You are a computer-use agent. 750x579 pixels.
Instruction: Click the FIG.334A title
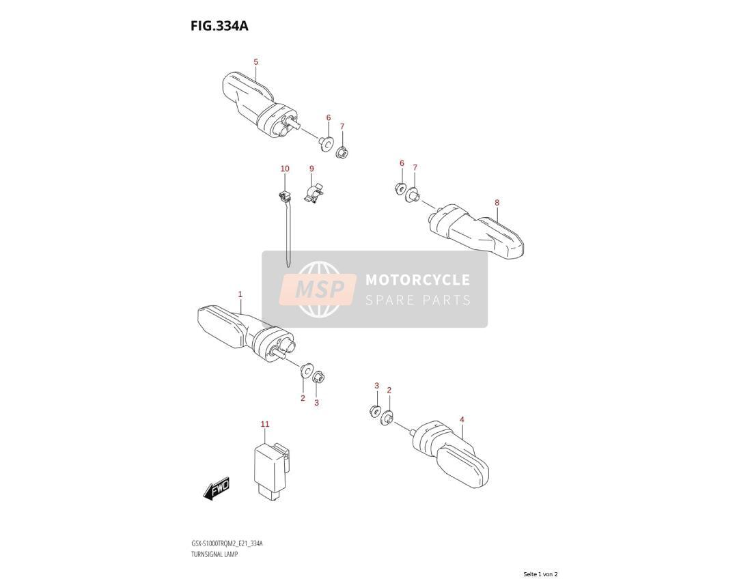coord(219,25)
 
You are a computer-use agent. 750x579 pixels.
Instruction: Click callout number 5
coord(256,61)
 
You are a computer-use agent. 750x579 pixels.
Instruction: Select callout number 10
coord(285,168)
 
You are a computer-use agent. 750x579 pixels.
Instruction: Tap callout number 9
coord(312,168)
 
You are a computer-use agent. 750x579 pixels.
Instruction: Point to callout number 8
coord(497,203)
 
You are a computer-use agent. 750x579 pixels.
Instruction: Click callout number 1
coord(240,294)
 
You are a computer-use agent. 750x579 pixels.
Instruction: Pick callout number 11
coord(265,424)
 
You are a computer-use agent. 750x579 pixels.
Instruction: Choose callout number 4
coord(462,419)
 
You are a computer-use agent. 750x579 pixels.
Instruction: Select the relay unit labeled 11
coord(271,470)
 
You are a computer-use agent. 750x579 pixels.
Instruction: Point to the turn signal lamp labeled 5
coord(260,106)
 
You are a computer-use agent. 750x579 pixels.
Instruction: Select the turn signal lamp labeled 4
coord(450,454)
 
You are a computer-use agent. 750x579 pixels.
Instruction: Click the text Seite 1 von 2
coord(540,574)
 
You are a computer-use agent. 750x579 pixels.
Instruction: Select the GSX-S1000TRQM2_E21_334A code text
coord(227,544)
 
